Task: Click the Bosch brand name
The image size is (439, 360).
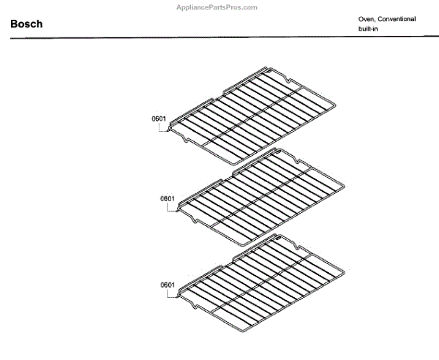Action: [26, 24]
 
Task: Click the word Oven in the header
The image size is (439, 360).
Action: [366, 19]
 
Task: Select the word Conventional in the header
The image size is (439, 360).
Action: [397, 19]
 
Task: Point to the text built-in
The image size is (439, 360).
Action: [368, 29]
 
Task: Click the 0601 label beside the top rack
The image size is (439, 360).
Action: [159, 119]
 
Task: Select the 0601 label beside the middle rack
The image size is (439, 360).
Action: [167, 198]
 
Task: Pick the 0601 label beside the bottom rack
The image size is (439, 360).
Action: [167, 284]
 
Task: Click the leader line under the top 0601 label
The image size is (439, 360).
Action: [160, 129]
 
